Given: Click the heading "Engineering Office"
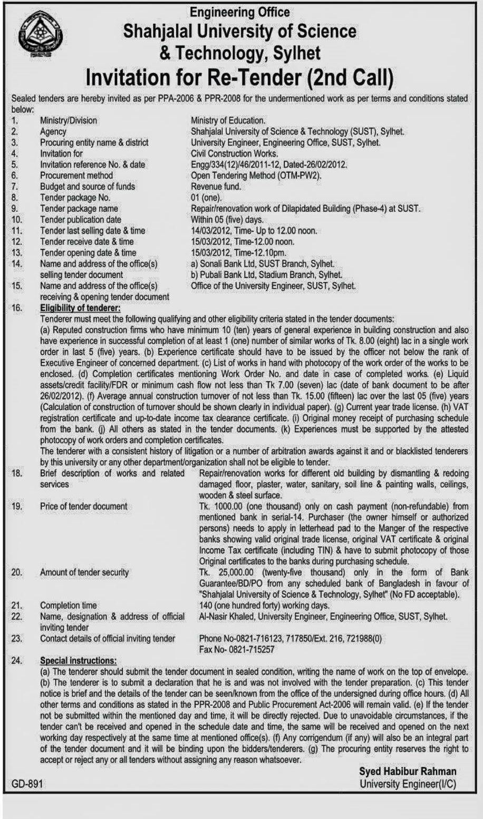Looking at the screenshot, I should pos(240,11).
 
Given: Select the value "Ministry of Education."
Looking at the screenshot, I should pos(228,121).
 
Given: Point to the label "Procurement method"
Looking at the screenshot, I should pos(76,175).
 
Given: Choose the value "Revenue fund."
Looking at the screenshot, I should pos(216,187).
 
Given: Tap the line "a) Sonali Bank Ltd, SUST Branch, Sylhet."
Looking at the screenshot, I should pos(263,264).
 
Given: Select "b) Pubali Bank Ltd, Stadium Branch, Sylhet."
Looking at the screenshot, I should pos(267,275).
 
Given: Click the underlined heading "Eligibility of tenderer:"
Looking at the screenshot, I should pos(80,308).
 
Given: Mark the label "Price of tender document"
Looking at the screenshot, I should pos(83,506).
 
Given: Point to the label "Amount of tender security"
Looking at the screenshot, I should pos(84,572).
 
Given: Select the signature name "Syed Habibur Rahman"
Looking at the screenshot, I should pos(408,772).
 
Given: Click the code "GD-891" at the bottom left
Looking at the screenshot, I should pos(27,784).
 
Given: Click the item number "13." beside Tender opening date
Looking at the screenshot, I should pos(17,252).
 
